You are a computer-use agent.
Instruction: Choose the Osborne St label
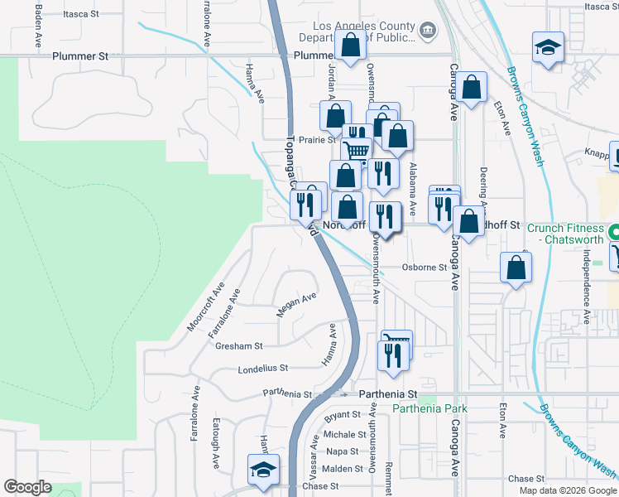425,267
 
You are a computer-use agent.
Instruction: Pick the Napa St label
343,451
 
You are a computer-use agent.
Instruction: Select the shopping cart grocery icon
357,151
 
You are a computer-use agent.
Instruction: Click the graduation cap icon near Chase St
263,470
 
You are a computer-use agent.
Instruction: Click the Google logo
27,487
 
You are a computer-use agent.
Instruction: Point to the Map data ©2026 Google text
567,490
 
